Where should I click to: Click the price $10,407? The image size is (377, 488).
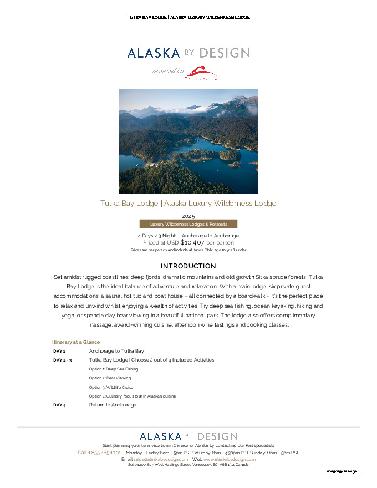click(x=192, y=242)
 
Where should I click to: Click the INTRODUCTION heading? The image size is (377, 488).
click(x=188, y=266)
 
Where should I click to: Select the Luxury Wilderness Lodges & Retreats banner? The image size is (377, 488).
click(x=188, y=224)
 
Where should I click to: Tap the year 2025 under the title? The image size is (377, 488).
click(x=188, y=216)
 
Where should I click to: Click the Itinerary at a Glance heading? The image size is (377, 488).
click(x=76, y=342)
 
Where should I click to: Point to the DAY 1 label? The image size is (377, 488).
click(x=59, y=351)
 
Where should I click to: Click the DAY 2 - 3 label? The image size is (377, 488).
click(x=63, y=360)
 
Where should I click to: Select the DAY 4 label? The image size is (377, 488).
click(x=59, y=405)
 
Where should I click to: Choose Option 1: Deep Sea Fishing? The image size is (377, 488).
click(x=114, y=369)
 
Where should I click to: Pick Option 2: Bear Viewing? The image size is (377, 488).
click(x=110, y=378)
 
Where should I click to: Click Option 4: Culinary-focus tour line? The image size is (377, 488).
click(x=133, y=396)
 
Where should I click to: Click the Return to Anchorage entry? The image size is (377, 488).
click(x=113, y=405)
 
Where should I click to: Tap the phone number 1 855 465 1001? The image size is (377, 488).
click(x=99, y=453)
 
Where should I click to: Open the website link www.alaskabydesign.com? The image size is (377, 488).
click(x=230, y=459)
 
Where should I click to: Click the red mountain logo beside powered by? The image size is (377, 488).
click(x=202, y=73)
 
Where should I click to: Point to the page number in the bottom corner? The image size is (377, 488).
click(x=344, y=471)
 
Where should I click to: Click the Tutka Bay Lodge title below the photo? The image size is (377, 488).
click(x=188, y=204)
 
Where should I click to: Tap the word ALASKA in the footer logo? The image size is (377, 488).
click(x=160, y=436)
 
